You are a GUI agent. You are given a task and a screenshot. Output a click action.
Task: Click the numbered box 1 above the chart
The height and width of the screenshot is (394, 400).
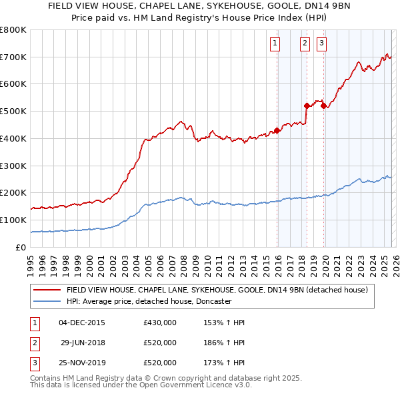[275, 44]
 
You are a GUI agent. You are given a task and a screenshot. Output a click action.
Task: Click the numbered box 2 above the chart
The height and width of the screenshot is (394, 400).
[305, 44]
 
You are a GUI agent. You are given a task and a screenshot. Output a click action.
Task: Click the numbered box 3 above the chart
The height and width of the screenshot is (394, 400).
[321, 44]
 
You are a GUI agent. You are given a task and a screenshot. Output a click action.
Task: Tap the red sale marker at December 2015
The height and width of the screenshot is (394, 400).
[277, 130]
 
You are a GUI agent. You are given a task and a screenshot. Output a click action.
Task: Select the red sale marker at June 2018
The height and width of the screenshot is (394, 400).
[307, 106]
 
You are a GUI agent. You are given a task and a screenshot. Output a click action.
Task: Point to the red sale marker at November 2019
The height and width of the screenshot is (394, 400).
[323, 106]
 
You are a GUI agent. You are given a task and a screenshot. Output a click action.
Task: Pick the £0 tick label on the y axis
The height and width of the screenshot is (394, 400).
[21, 247]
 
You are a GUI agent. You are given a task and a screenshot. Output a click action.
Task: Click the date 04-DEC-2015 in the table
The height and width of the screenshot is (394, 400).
[82, 323]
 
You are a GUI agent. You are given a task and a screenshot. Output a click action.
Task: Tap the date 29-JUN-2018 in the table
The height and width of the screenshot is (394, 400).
[82, 343]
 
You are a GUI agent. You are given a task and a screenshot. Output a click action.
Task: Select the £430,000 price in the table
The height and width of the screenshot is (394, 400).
[160, 323]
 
